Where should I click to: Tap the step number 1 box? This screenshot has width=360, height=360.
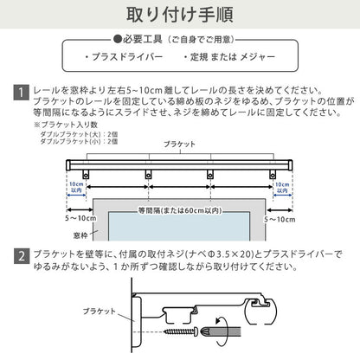[x=20, y=90]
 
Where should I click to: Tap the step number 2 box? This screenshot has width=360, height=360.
[x=20, y=257]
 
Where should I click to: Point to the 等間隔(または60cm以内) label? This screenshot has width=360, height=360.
[x=178, y=209]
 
